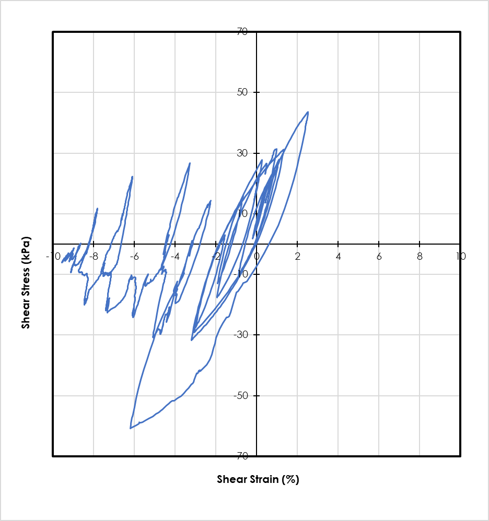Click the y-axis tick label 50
pyautogui.click(x=242, y=92)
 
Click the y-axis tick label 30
pyautogui.click(x=242, y=153)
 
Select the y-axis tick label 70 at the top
pyautogui.click(x=242, y=32)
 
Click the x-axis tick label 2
pyautogui.click(x=297, y=256)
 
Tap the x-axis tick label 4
pyautogui.click(x=338, y=256)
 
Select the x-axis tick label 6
pyautogui.click(x=379, y=256)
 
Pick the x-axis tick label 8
pyautogui.click(x=420, y=256)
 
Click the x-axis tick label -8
pyautogui.click(x=92, y=256)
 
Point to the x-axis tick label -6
pyautogui.click(x=133, y=256)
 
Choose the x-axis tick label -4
pyautogui.click(x=174, y=256)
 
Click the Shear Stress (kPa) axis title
pyautogui.click(x=26, y=283)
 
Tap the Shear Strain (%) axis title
pyautogui.click(x=258, y=479)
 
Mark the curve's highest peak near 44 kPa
pyautogui.click(x=308, y=112)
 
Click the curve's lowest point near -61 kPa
pyautogui.click(x=130, y=428)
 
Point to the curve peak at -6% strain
pyautogui.click(x=133, y=176)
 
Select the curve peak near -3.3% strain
pyautogui.click(x=190, y=163)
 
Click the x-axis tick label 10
pyautogui.click(x=460, y=256)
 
